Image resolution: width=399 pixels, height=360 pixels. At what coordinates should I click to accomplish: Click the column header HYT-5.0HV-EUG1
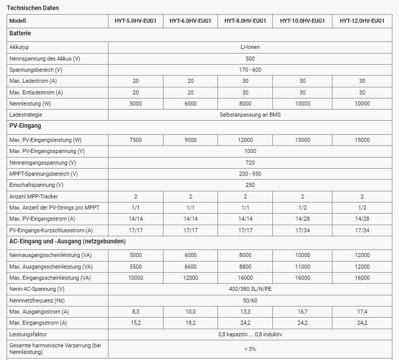tap(136, 21)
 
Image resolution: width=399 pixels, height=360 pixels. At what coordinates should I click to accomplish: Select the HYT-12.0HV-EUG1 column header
tap(362, 21)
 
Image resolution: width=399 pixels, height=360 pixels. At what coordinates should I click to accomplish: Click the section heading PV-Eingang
tap(25, 126)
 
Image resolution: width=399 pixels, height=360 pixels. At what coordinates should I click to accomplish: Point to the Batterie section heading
tap(20, 33)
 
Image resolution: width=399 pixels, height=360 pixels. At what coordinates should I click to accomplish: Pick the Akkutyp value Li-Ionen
tap(250, 47)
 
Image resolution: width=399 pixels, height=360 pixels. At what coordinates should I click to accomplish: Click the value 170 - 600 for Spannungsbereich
tap(250, 70)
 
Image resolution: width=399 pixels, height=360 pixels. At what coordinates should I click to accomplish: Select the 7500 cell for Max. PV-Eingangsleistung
tap(136, 140)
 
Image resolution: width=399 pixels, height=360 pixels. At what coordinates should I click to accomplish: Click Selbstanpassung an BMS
tap(250, 115)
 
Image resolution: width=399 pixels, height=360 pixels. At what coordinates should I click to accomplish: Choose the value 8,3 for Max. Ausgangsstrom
tap(136, 312)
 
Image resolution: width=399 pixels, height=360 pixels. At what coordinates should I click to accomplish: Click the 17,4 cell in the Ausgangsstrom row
tap(362, 312)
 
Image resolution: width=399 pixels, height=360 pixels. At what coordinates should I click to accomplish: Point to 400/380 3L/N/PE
tap(250, 289)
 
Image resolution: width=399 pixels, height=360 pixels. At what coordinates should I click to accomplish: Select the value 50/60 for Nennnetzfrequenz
tap(250, 300)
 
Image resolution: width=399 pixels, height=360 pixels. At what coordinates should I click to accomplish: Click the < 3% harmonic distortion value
tap(250, 348)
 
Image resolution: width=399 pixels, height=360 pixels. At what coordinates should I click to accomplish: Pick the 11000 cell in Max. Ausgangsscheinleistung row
tap(303, 266)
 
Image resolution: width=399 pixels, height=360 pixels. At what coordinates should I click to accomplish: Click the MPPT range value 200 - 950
tap(250, 174)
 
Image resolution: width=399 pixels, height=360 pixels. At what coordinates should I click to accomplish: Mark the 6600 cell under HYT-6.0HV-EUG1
tap(190, 266)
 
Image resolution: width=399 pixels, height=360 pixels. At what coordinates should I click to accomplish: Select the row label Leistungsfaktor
tap(29, 334)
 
